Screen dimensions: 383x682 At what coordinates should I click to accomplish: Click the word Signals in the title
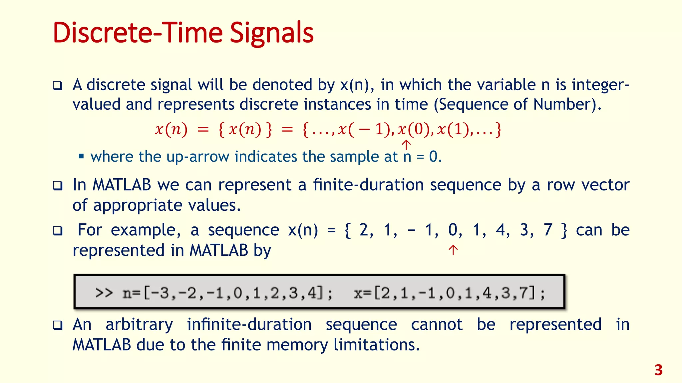(271, 33)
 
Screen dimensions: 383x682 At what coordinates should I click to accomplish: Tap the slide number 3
(658, 370)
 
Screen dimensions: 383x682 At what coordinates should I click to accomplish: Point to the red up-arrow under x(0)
(406, 145)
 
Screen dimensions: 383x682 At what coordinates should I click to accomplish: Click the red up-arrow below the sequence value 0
(453, 250)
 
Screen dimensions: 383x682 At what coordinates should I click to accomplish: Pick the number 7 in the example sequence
(548, 230)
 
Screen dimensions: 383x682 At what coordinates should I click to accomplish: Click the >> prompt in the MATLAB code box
(104, 293)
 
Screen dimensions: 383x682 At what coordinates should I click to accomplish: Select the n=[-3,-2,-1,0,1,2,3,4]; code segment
(227, 293)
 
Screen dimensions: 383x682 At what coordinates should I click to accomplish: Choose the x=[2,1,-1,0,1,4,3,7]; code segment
(449, 293)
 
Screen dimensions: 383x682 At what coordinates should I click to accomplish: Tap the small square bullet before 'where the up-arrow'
(81, 156)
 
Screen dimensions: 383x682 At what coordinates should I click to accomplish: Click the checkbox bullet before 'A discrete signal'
(58, 86)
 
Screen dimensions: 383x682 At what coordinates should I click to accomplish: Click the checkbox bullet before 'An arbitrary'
(58, 325)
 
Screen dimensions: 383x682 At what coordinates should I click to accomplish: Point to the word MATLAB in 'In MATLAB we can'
(122, 185)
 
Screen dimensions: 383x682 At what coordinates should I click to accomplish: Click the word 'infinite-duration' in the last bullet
(249, 324)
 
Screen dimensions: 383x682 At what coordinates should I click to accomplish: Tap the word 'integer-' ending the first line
(600, 85)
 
